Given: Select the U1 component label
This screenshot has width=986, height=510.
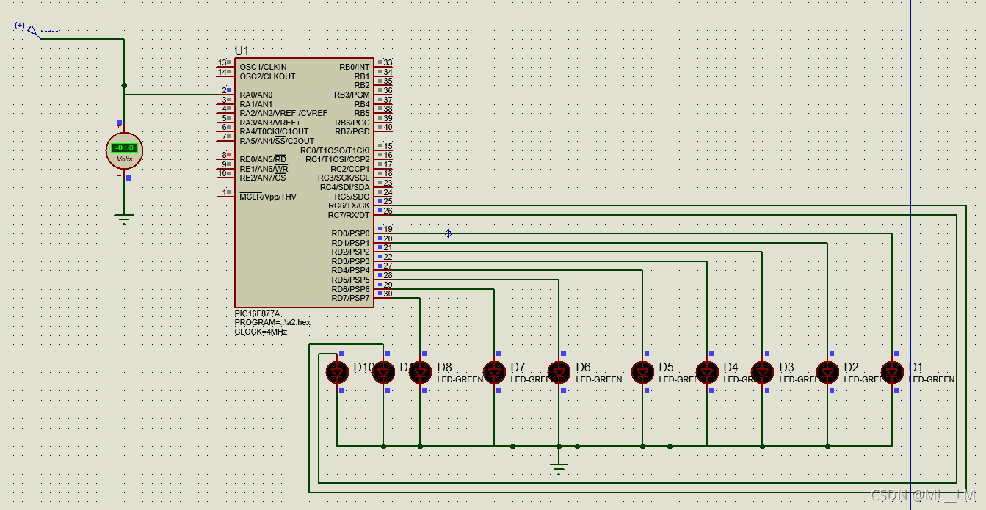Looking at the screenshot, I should point(242,51).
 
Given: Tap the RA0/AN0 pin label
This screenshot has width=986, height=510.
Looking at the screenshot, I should point(255,95).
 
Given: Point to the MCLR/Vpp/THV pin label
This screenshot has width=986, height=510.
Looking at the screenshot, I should point(268,197).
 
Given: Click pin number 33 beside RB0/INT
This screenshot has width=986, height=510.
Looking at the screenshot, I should point(388,63).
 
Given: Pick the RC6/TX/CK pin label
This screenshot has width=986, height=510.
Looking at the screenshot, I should point(349,205).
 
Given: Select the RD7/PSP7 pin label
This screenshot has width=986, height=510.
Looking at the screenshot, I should point(350,298).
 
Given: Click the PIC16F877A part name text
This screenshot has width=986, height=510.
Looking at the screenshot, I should point(257,313).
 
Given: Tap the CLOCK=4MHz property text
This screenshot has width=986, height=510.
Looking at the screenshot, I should point(261,332).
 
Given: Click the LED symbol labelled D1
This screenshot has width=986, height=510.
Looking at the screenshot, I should point(892,373).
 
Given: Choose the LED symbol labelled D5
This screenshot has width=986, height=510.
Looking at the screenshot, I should point(642,373).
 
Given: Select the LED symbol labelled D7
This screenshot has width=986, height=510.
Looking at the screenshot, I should point(494,373).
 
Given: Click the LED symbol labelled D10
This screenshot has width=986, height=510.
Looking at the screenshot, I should point(337,373).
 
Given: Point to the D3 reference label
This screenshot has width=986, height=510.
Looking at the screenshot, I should point(786,367).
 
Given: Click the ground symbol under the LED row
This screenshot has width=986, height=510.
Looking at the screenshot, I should point(559,467).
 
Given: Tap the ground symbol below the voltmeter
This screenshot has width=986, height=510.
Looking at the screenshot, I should point(124,218).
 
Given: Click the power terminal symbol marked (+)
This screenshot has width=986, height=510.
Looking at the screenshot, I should point(32,30).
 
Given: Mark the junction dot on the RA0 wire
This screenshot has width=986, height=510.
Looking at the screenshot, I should point(124,85).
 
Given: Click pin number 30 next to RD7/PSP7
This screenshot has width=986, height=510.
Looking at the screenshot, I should point(388,294).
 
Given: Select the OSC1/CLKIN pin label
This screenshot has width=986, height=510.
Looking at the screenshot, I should point(263,67).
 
